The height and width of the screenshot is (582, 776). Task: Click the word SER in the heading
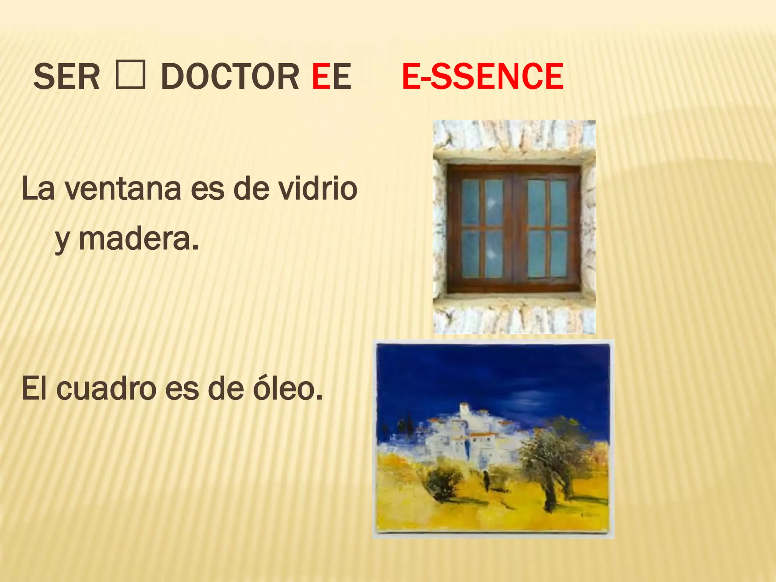[x=67, y=77]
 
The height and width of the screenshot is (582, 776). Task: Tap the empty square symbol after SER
[x=130, y=76]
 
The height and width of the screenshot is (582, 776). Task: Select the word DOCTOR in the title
[x=230, y=77]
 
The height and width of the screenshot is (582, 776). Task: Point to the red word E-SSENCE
[x=482, y=77]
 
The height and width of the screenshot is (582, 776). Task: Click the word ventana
[x=123, y=189]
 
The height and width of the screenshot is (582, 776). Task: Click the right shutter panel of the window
[x=547, y=228]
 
